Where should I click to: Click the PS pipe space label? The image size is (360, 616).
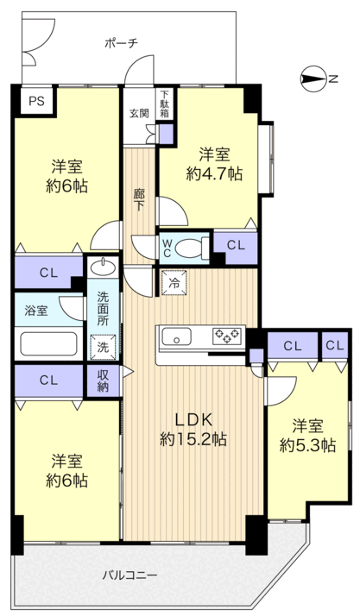(x=36, y=101)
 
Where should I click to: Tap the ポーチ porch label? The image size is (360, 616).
(x=122, y=43)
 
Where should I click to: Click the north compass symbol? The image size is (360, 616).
(x=313, y=79)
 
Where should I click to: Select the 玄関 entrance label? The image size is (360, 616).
(x=140, y=114)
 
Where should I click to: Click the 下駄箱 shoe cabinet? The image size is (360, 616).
(x=164, y=104)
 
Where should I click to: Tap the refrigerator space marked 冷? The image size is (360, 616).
(x=174, y=282)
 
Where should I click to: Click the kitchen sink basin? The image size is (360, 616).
(x=177, y=338)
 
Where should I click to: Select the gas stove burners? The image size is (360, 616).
(x=226, y=336)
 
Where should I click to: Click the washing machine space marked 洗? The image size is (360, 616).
(x=103, y=347)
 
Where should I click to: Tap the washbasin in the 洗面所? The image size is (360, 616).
(x=104, y=267)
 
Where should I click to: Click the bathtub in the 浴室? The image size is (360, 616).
(x=48, y=343)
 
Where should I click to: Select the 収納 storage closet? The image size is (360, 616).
(x=103, y=381)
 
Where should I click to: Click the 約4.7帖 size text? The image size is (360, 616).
(x=214, y=173)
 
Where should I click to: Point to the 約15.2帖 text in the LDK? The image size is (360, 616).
(x=193, y=438)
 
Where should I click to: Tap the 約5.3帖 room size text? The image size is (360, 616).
(x=307, y=445)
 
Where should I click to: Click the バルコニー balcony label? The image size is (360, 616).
(x=130, y=576)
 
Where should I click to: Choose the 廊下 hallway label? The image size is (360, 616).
(x=138, y=200)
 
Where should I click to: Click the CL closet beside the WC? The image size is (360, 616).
(x=236, y=247)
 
